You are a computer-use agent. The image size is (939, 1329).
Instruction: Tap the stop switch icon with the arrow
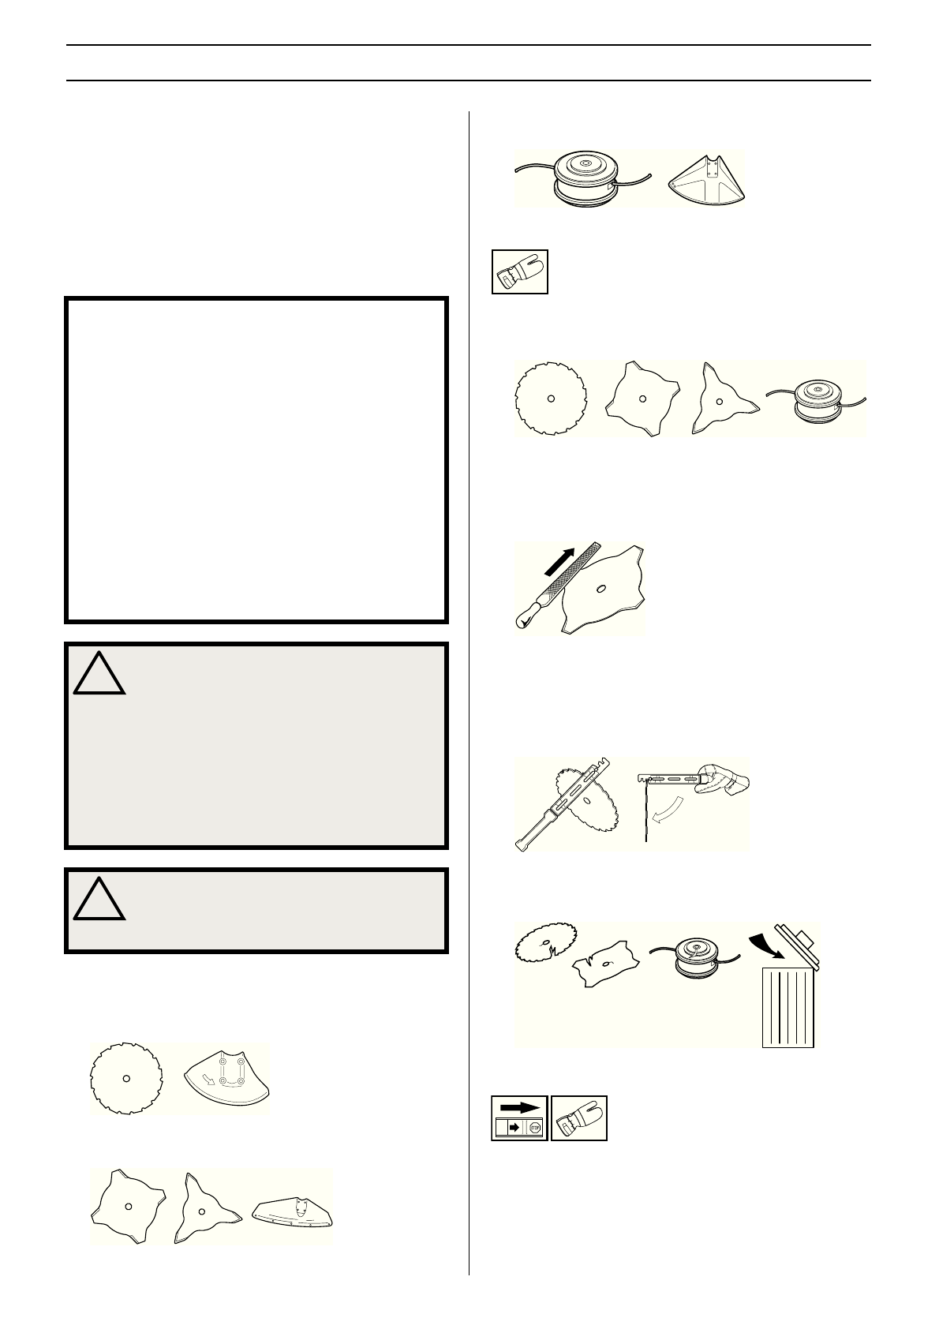click(x=519, y=1117)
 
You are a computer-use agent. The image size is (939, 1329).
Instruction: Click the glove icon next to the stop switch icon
click(x=579, y=1117)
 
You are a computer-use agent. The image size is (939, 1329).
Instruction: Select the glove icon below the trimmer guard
click(x=519, y=272)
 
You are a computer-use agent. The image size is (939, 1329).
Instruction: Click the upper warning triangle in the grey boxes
click(x=99, y=673)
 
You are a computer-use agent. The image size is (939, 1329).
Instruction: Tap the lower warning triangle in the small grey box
click(x=99, y=900)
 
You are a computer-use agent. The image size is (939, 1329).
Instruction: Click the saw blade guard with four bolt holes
click(x=226, y=1077)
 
